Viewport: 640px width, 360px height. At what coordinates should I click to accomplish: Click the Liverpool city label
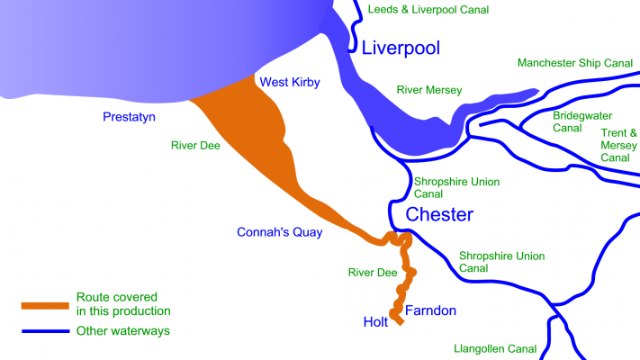pyautogui.click(x=401, y=49)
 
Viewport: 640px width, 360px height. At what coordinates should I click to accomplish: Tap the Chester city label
pyautogui.click(x=439, y=214)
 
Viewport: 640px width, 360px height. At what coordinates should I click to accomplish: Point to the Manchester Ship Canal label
pyautogui.click(x=577, y=63)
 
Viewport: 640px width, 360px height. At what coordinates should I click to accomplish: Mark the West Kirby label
pyautogui.click(x=290, y=83)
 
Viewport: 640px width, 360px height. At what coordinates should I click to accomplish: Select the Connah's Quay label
pyautogui.click(x=279, y=232)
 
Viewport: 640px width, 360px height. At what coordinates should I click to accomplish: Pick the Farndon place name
pyautogui.click(x=430, y=311)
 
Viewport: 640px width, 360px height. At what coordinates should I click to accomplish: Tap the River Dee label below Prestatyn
pyautogui.click(x=195, y=144)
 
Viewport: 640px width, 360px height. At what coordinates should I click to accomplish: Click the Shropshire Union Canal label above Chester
pyautogui.click(x=456, y=187)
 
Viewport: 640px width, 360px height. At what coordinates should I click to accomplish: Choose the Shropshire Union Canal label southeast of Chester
pyautogui.click(x=501, y=262)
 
